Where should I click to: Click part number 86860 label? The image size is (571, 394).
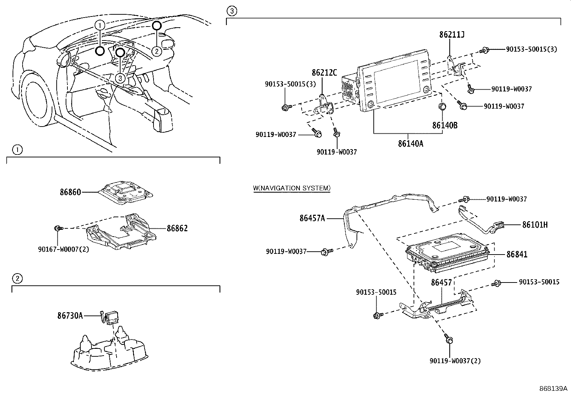tap(70, 192)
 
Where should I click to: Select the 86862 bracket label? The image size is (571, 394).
tap(177, 228)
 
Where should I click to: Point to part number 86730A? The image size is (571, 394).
tap(70, 315)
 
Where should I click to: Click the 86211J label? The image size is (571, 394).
tap(452, 35)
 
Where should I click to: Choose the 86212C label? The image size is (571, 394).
tap(324, 73)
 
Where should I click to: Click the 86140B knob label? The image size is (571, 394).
tap(445, 125)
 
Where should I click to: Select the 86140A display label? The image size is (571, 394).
tap(410, 144)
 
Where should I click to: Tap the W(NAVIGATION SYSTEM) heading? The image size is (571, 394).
tap(292, 188)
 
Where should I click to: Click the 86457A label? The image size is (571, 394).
tap(312, 218)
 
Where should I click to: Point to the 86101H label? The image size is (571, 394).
tap(535, 225)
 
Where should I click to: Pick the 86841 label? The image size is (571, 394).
tap(517, 255)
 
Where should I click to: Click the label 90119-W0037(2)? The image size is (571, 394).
tap(455, 361)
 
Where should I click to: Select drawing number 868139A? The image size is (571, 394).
tap(553, 389)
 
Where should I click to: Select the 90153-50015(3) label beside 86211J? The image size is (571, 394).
tap(531, 49)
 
